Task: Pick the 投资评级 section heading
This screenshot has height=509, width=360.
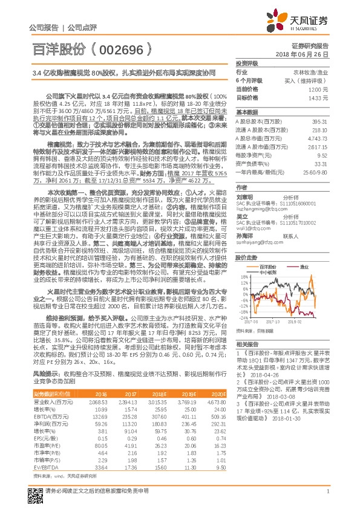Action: point(247,63)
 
